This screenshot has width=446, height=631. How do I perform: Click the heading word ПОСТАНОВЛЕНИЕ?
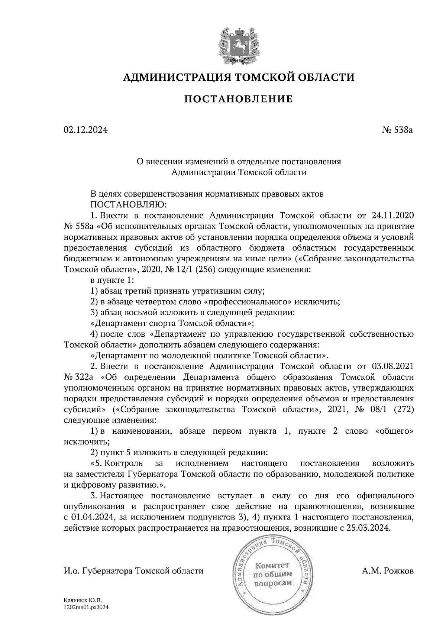point(239,99)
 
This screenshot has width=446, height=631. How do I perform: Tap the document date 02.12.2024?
point(85,130)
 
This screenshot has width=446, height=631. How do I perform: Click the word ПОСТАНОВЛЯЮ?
point(129,204)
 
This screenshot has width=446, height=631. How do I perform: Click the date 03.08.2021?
point(392,366)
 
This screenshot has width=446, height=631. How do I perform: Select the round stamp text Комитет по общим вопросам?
point(272,574)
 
